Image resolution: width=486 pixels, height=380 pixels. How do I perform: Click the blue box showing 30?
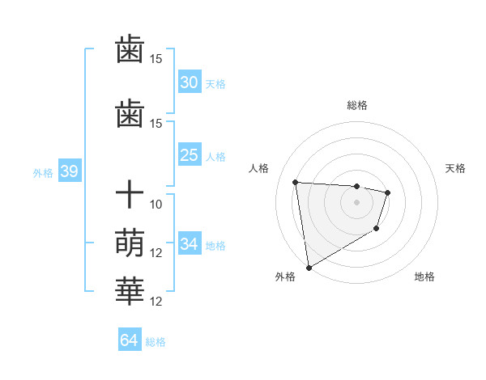(x=190, y=82)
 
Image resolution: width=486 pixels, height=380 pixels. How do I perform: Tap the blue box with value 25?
(x=190, y=155)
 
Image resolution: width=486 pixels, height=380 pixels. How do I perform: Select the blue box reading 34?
(x=190, y=244)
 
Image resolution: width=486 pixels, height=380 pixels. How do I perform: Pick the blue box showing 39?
(x=69, y=171)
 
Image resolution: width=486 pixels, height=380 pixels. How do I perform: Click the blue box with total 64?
(x=129, y=340)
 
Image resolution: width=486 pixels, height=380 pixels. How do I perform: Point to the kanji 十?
(x=130, y=195)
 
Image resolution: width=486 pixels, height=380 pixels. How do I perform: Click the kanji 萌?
(x=130, y=243)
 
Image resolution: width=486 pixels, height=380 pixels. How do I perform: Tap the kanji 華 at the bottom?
(x=130, y=291)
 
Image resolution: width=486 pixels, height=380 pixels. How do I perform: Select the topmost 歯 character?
(x=130, y=50)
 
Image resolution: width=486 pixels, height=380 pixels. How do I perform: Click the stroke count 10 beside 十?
(x=156, y=204)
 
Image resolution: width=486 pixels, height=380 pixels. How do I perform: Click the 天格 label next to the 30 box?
(x=215, y=84)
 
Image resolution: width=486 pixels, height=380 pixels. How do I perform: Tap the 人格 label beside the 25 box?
(x=215, y=157)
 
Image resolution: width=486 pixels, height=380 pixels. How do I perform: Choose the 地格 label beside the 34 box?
(x=215, y=246)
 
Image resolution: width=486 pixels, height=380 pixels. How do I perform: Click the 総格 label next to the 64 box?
(x=156, y=342)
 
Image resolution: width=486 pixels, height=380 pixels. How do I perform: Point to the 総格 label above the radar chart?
(x=356, y=105)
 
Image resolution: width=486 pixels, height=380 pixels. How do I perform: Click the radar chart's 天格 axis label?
(x=456, y=168)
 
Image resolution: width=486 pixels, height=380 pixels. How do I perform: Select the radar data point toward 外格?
(x=309, y=267)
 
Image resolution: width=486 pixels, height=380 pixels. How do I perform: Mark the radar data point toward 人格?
(x=296, y=182)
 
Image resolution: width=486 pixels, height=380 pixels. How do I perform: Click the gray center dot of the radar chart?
(x=356, y=202)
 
